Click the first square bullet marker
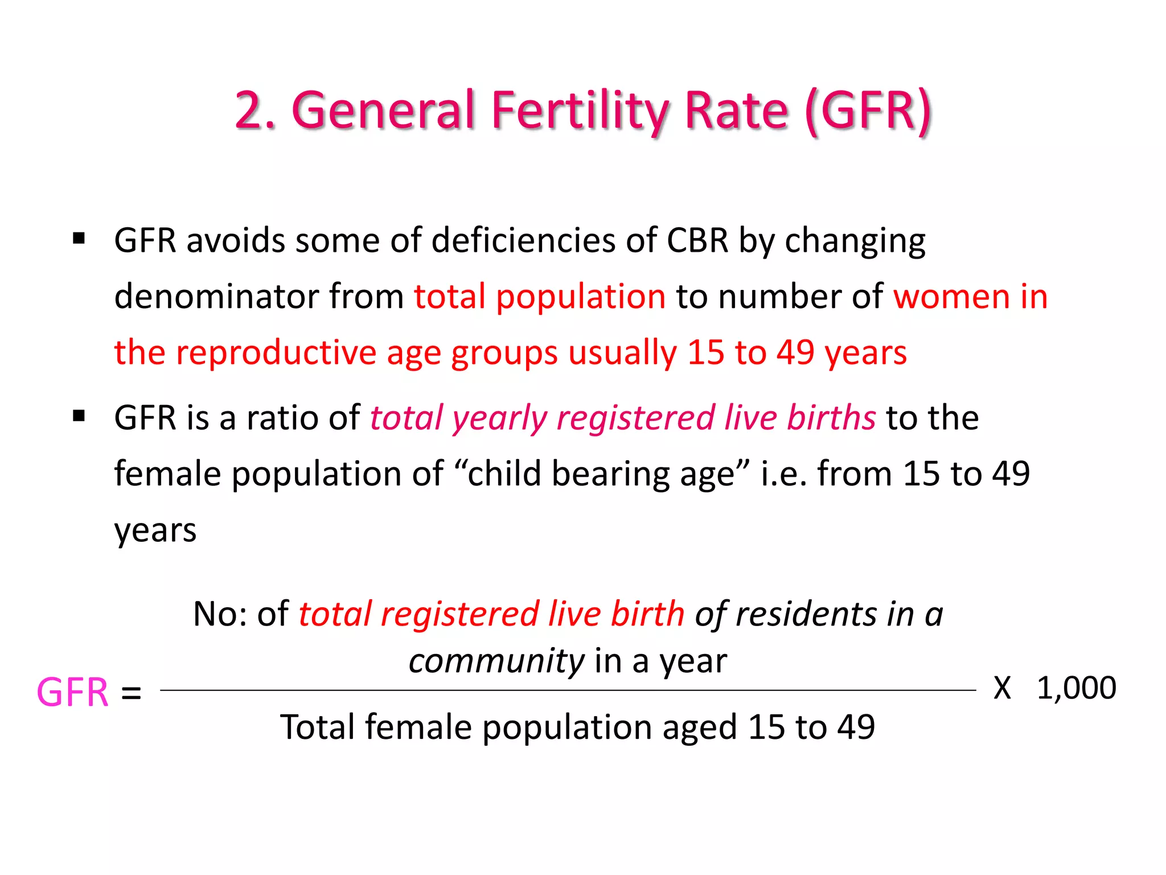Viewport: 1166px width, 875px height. (x=79, y=238)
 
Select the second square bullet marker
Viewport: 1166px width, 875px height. (x=79, y=416)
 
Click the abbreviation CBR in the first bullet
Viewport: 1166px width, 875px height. (x=697, y=240)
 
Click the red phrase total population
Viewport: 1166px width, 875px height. (x=539, y=297)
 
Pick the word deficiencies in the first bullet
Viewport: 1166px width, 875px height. (x=523, y=240)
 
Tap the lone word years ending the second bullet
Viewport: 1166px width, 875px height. (x=155, y=530)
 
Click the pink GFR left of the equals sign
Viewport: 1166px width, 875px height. (x=72, y=693)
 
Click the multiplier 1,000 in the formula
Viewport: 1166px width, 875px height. (x=1076, y=688)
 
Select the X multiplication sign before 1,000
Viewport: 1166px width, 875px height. (x=1002, y=688)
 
